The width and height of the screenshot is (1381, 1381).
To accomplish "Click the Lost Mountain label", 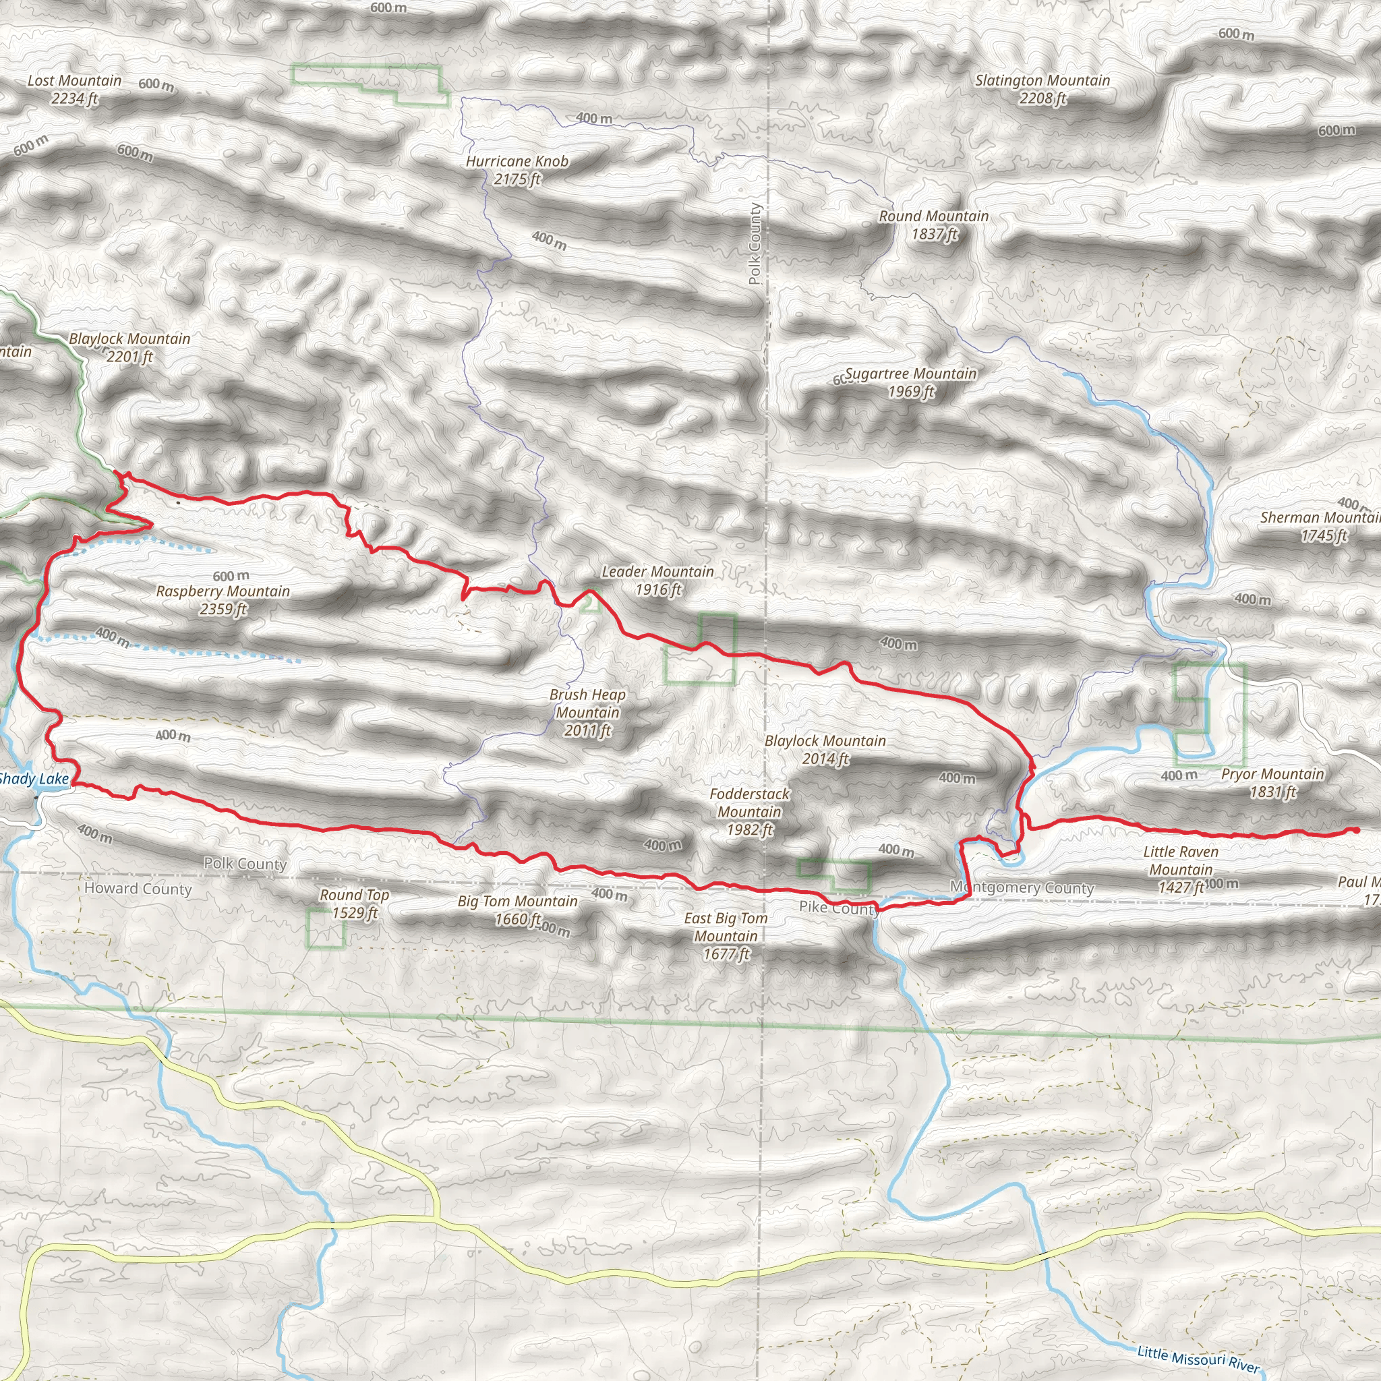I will (74, 90).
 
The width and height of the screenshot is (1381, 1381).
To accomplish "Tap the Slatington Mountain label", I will (1042, 90).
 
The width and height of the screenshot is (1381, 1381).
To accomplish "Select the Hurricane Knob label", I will (517, 170).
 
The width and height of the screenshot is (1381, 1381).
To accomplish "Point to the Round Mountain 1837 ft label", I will (933, 225).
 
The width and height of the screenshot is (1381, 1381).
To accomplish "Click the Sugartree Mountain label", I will (910, 382).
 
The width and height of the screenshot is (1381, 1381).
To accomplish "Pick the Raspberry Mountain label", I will (223, 599).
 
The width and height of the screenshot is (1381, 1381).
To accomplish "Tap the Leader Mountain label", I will (657, 581).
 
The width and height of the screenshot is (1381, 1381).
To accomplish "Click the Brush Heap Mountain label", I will (587, 712).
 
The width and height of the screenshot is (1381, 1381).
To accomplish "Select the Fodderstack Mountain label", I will (749, 811).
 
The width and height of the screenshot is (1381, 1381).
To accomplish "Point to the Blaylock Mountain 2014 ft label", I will (825, 749).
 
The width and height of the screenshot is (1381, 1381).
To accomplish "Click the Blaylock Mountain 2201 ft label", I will (129, 347).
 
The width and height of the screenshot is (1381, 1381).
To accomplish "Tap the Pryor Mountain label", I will (1272, 783).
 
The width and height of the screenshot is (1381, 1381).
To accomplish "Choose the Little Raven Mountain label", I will (1181, 869).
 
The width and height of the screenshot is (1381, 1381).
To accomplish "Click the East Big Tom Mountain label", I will (726, 936).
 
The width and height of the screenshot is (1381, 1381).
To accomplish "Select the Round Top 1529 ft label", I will (354, 904).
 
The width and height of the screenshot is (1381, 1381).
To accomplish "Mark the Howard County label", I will (138, 889).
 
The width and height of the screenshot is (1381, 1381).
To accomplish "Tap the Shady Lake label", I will (34, 779).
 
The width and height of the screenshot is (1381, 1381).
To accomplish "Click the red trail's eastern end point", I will (1356, 830).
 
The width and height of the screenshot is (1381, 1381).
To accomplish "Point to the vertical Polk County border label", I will (755, 243).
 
